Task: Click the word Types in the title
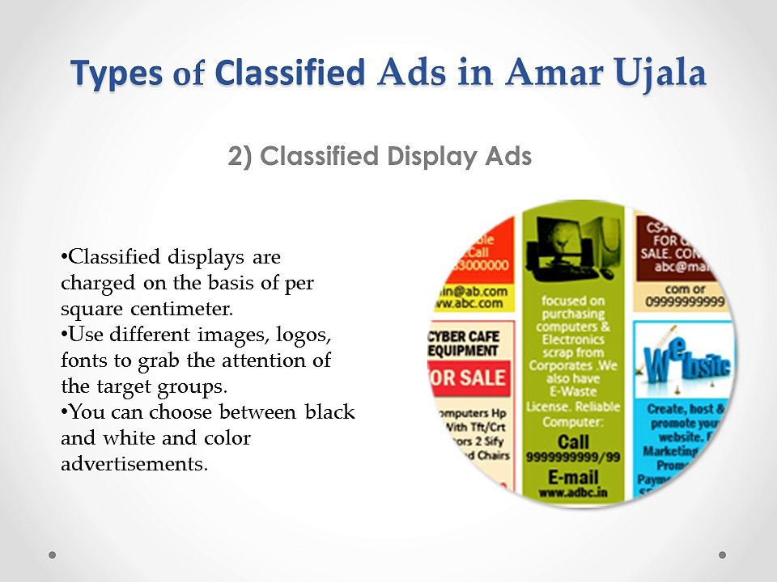[x=117, y=74]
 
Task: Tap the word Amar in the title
[x=548, y=74]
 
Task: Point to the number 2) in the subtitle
[x=240, y=156]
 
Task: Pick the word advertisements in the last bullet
[x=134, y=464]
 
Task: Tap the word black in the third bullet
[x=329, y=411]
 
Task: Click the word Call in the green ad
[x=573, y=441]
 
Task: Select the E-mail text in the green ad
[x=573, y=475]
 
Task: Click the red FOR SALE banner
[x=470, y=377]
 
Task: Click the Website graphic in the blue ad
[x=685, y=361]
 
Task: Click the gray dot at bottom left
[x=53, y=555]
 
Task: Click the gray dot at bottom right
[x=723, y=555]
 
